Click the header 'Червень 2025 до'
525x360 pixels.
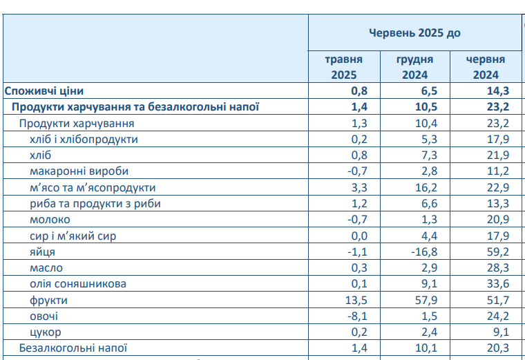click(x=414, y=32)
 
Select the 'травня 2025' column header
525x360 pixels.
click(x=343, y=67)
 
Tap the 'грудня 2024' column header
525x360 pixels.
click(x=414, y=67)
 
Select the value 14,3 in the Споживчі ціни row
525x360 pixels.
click(x=497, y=91)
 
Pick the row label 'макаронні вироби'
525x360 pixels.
click(x=79, y=171)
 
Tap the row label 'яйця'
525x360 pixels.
click(x=43, y=252)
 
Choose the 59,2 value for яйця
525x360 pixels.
click(x=497, y=252)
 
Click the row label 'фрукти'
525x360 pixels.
click(x=49, y=301)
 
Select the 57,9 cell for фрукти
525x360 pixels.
click(x=426, y=301)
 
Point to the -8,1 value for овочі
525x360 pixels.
click(x=357, y=316)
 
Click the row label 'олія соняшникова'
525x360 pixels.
click(x=78, y=284)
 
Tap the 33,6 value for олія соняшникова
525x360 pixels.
click(x=497, y=284)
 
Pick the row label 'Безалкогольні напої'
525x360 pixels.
click(x=73, y=348)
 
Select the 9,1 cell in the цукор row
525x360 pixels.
click(x=500, y=332)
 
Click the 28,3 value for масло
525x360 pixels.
click(x=497, y=268)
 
